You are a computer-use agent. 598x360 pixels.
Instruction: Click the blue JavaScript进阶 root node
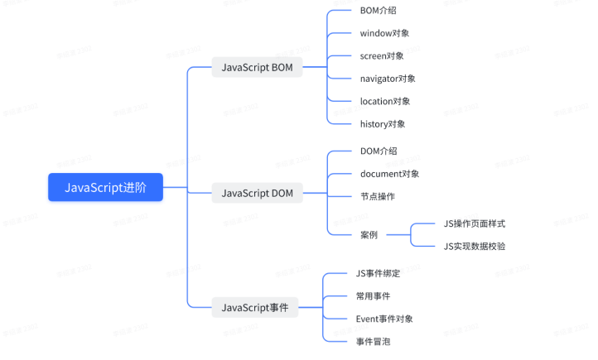pos(104,188)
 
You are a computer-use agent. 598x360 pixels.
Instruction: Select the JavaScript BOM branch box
pos(257,68)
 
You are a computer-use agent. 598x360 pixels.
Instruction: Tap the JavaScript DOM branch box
pos(257,194)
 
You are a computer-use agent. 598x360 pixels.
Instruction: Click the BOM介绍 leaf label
pos(379,11)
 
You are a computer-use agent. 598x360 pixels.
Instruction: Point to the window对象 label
pos(384,33)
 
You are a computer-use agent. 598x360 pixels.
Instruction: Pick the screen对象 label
pos(382,56)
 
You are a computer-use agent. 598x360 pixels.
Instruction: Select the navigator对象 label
pos(388,79)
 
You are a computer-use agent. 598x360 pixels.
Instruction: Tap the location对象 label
pos(385,101)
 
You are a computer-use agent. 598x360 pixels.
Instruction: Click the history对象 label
pos(383,124)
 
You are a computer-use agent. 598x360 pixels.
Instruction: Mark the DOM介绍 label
pos(379,151)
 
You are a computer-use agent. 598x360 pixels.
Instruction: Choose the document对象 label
pos(389,174)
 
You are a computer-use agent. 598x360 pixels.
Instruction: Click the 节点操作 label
pos(378,196)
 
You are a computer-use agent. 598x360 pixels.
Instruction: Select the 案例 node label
pos(369,235)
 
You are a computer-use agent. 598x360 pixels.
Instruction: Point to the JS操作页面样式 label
pos(474,223)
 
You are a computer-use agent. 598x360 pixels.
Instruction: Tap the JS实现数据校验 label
pos(474,246)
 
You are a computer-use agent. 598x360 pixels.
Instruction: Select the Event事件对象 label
pos(384,319)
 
